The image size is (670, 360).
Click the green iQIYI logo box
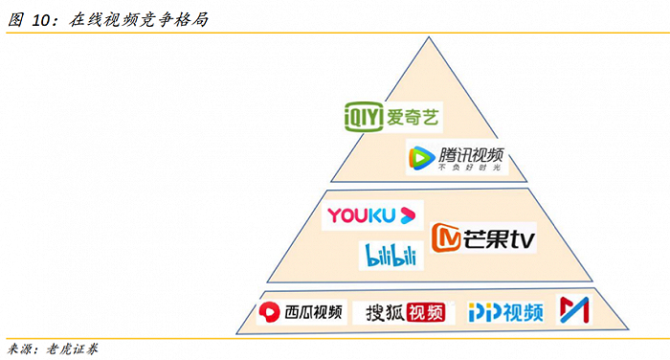(x=365, y=116)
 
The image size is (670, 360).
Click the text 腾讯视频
(x=470, y=154)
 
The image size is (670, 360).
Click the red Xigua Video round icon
(x=270, y=311)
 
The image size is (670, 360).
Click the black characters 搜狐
(x=381, y=312)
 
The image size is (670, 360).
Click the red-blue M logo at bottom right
(x=574, y=310)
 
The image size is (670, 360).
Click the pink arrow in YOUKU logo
(x=409, y=214)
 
